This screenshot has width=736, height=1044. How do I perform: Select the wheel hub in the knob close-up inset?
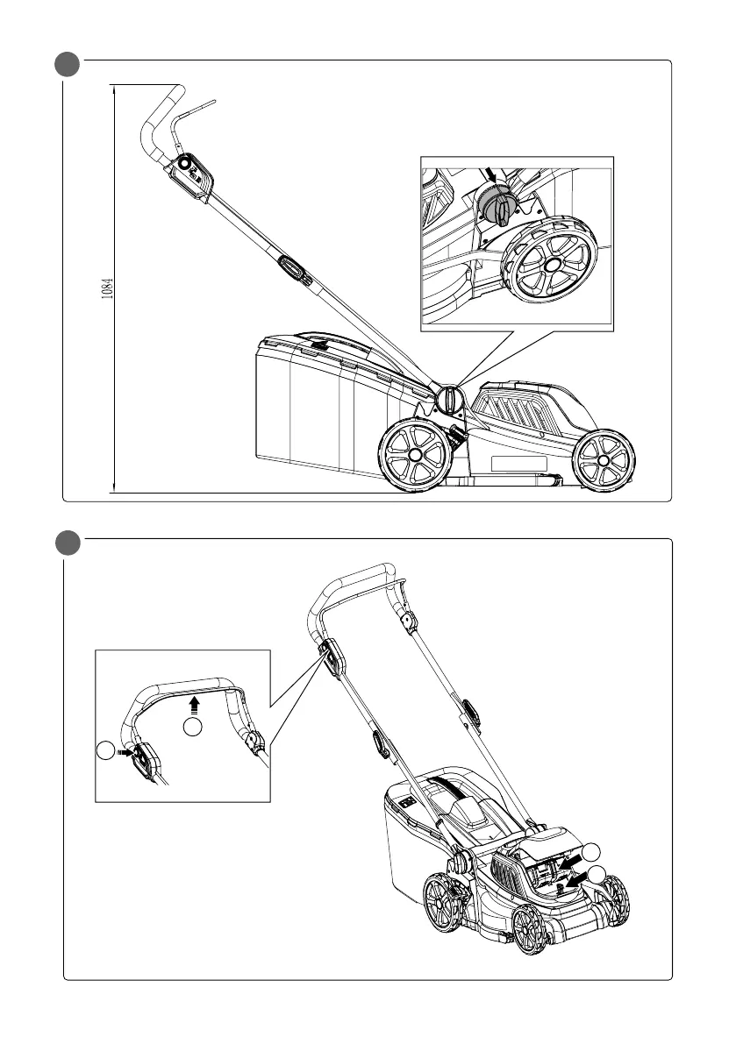pyautogui.click(x=552, y=262)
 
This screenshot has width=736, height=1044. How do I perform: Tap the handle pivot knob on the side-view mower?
pyautogui.click(x=447, y=398)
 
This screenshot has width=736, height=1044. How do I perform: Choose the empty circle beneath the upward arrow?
pyautogui.click(x=195, y=726)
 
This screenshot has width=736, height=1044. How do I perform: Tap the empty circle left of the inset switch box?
pyautogui.click(x=105, y=751)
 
